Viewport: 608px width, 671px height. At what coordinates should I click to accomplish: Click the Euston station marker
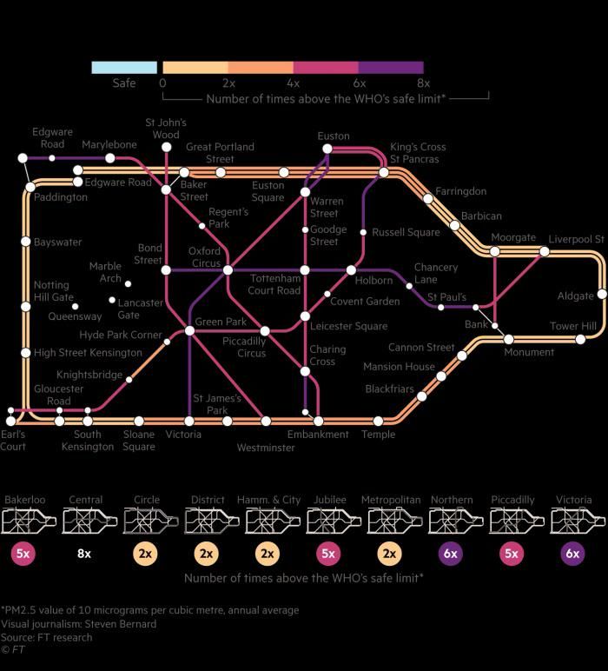327,149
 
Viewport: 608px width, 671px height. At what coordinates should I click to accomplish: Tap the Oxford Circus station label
204,256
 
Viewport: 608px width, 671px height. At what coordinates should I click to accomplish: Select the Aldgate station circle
602,294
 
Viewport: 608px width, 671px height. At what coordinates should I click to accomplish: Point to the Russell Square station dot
363,232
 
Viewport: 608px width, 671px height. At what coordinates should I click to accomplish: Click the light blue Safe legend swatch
124,68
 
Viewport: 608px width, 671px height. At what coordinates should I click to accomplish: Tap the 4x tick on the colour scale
293,83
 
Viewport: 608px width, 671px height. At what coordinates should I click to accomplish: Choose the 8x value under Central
84,554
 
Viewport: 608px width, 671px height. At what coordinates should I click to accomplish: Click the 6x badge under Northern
451,554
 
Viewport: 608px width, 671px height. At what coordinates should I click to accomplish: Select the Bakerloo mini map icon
29,521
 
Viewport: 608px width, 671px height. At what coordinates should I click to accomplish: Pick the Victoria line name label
574,500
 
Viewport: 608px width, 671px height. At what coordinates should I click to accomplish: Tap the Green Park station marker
189,330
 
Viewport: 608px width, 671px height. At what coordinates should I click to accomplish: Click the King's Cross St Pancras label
418,153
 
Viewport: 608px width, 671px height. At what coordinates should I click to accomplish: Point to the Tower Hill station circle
580,339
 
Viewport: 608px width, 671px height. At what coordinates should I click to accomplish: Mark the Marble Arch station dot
128,283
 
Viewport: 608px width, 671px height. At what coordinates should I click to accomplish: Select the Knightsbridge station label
89,375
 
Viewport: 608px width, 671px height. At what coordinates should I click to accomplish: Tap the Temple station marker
378,421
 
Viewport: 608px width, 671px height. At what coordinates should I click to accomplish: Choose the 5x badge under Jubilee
328,554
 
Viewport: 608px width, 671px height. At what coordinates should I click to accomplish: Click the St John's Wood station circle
166,147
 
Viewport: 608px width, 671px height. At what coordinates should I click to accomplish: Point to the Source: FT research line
46,637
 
